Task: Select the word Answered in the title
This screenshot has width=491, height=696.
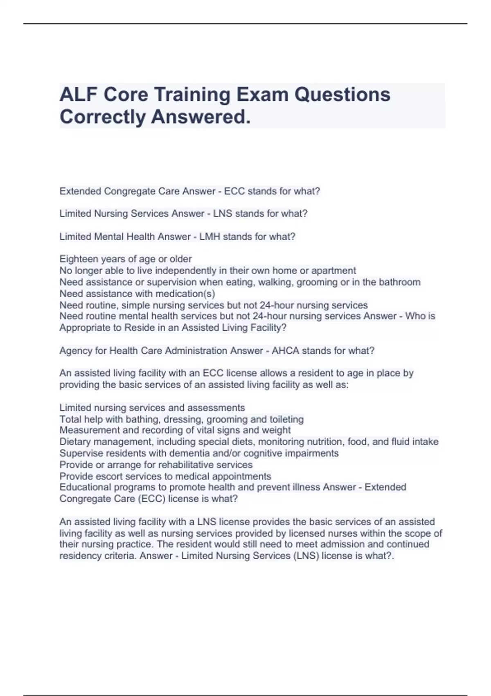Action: pos(200,117)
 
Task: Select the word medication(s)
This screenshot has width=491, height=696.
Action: pos(189,294)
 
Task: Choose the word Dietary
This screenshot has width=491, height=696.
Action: pos(75,442)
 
